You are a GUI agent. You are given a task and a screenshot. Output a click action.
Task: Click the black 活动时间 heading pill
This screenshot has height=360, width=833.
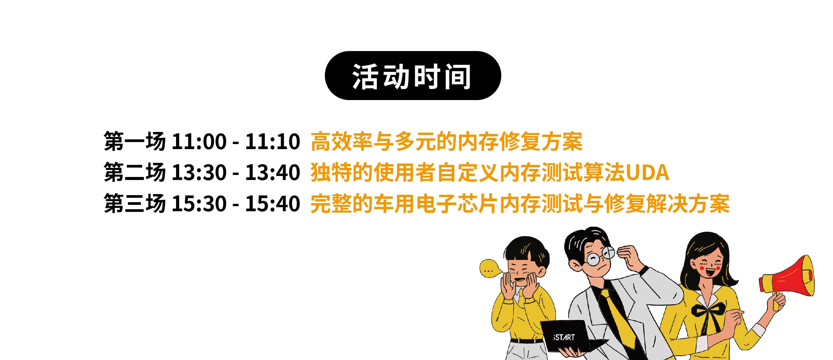(x=413, y=76)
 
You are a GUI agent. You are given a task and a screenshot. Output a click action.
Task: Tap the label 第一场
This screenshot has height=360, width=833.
(x=135, y=141)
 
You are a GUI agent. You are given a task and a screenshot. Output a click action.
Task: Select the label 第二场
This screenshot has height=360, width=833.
(x=135, y=172)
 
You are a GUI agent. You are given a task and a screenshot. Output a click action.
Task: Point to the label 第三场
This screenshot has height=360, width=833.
(x=135, y=204)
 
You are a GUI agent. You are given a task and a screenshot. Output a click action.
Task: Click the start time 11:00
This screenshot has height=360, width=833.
(x=199, y=141)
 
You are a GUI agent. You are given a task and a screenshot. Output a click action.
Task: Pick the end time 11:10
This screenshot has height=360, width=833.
(x=273, y=141)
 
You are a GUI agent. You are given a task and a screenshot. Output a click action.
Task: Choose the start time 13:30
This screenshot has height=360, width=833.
(x=199, y=173)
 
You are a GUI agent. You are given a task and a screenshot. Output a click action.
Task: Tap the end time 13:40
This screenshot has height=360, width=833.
(x=273, y=173)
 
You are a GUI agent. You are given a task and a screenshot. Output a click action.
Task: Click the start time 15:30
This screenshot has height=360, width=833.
(x=199, y=204)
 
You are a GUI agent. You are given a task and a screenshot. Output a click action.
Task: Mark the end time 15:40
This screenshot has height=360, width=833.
(x=273, y=204)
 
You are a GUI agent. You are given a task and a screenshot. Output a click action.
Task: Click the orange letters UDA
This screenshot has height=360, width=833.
(x=647, y=173)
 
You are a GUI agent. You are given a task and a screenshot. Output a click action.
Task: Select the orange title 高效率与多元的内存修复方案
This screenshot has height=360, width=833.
(x=447, y=141)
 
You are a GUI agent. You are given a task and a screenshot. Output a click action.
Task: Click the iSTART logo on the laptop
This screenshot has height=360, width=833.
(x=564, y=337)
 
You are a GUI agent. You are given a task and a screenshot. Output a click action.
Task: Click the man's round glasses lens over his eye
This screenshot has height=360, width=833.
(x=594, y=259)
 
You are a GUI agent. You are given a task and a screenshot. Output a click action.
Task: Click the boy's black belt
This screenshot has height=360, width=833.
(x=526, y=341)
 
